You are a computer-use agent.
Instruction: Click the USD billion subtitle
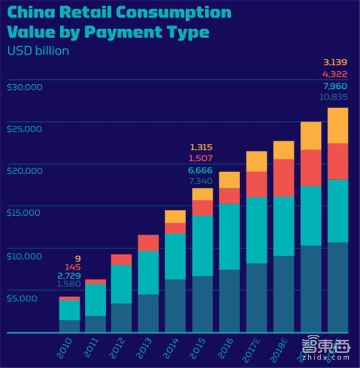38,51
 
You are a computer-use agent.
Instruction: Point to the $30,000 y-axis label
25,87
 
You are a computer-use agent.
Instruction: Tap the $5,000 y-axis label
22,298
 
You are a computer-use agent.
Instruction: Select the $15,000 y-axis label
25,213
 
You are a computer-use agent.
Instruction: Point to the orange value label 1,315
201,147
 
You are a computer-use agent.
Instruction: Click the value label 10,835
334,97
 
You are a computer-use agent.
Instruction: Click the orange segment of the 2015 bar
202,194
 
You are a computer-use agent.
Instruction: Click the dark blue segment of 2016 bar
229,301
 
